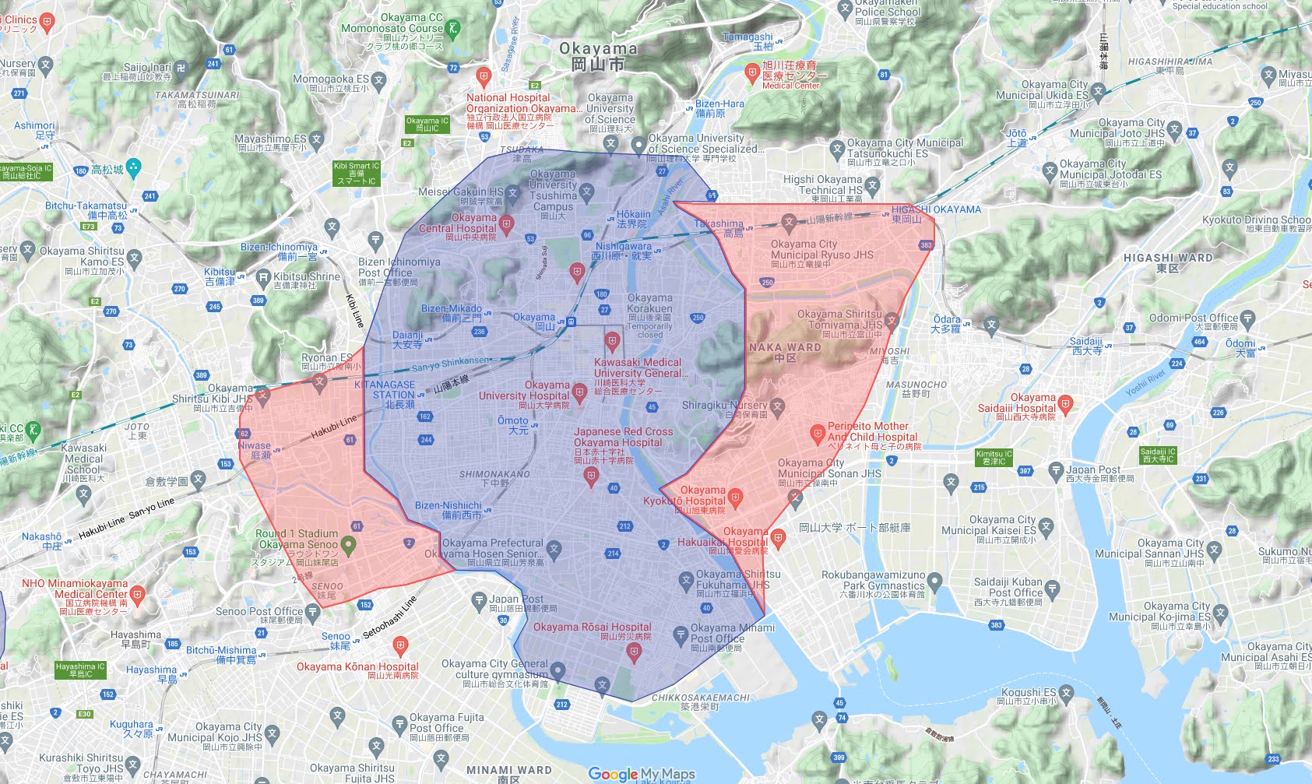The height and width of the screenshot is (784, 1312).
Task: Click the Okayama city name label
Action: (x=598, y=56)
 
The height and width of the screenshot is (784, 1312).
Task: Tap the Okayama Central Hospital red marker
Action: (x=507, y=225)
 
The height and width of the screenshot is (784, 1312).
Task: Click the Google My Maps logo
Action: (x=641, y=774)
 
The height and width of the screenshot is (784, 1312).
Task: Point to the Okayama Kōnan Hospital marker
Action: (x=400, y=645)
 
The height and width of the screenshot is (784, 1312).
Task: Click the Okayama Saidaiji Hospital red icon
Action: (x=1065, y=403)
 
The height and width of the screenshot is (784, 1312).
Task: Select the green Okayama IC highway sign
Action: (x=427, y=124)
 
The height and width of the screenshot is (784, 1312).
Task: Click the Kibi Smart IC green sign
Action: (x=356, y=173)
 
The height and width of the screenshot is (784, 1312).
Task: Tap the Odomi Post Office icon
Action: (x=1247, y=318)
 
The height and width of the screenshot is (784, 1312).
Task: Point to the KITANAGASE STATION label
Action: (x=385, y=390)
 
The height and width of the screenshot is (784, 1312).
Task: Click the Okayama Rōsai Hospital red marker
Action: (x=634, y=654)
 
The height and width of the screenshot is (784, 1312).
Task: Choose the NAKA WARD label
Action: (x=785, y=352)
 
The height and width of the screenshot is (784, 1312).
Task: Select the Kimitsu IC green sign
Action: (x=994, y=457)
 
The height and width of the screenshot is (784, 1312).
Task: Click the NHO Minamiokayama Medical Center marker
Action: (x=138, y=596)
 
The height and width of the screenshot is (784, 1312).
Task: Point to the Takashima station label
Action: (x=719, y=227)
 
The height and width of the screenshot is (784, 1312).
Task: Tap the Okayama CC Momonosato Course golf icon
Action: (x=453, y=29)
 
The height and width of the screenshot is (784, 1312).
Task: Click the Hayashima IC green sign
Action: (x=79, y=670)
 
